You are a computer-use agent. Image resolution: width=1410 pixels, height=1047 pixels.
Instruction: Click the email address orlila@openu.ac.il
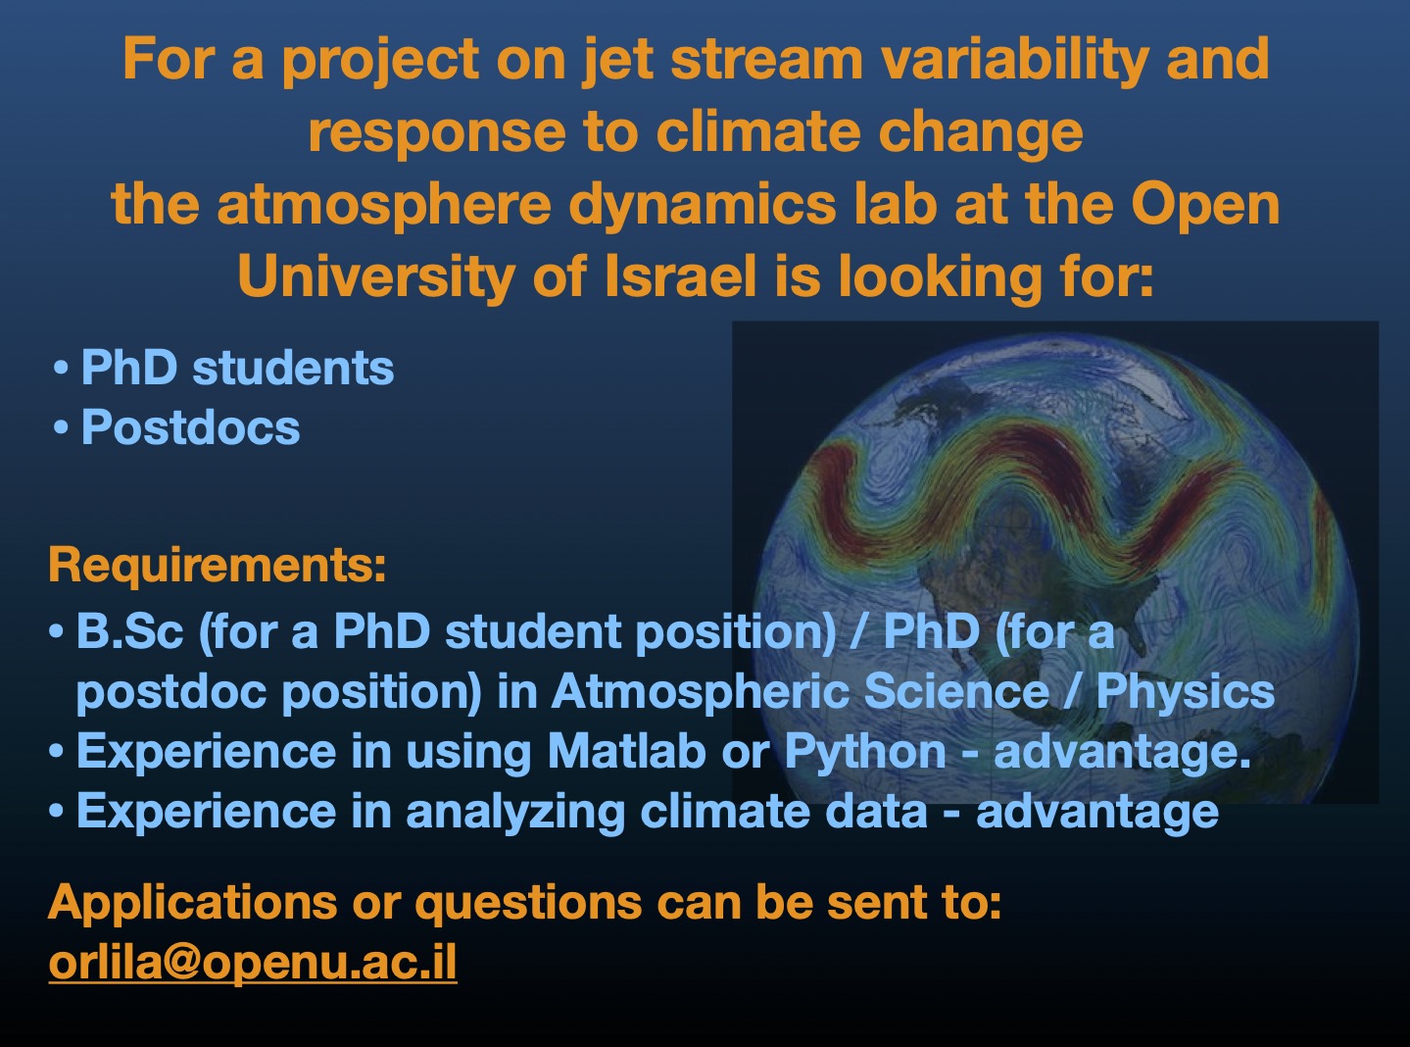coord(253,962)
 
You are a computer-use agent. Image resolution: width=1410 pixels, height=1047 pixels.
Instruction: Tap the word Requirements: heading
coord(218,566)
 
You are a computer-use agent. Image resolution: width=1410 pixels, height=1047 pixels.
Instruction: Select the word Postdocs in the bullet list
coord(191,426)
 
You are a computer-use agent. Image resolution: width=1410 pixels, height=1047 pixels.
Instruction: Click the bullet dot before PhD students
coord(61,369)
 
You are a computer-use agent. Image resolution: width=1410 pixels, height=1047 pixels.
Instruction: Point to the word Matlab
coord(627,751)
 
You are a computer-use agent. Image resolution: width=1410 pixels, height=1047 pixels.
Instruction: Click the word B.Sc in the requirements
coord(129,631)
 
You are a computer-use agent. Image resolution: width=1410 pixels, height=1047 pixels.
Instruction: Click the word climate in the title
coord(756,132)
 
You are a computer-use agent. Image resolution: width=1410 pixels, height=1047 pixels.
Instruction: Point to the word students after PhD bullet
coord(293,368)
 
